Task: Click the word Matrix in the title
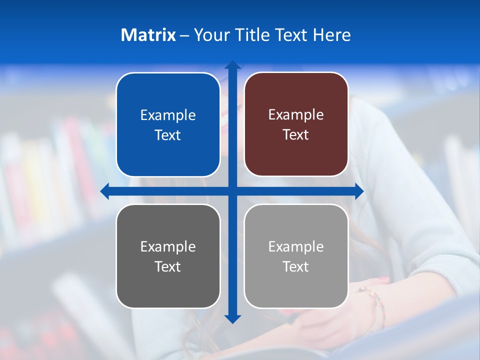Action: pos(148,35)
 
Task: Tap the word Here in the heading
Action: pos(332,35)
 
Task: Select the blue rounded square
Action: pos(168,124)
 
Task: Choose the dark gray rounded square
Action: pos(168,256)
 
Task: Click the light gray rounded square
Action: pos(296,256)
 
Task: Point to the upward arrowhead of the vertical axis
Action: pos(232,65)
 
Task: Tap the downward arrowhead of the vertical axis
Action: pos(232,318)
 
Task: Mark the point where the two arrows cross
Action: pos(232,191)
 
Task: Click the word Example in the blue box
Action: pos(168,115)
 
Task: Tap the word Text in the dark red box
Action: pos(296,135)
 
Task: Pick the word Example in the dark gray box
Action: pos(168,247)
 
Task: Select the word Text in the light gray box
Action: pos(296,266)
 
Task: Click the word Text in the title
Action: pos(290,35)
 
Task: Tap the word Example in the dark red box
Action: pos(296,115)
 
